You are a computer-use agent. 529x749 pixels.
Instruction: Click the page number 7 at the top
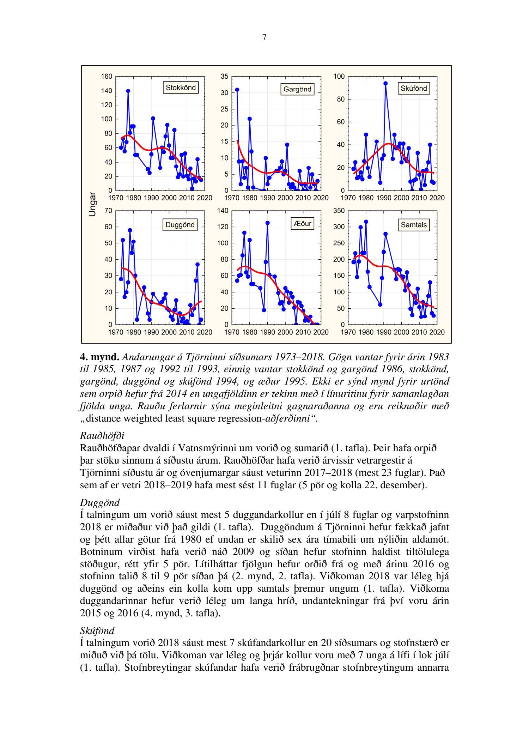[x=264, y=37]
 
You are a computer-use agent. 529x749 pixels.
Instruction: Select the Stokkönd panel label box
[x=181, y=88]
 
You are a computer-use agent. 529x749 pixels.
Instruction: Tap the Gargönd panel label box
[x=297, y=89]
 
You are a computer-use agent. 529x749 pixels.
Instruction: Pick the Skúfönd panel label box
[x=414, y=89]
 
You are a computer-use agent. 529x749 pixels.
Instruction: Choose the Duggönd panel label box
[x=180, y=225]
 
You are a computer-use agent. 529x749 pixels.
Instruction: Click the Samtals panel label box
[x=414, y=225]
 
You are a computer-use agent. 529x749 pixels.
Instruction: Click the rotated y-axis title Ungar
[x=92, y=204]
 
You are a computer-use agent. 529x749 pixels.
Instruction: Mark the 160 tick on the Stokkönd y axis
[x=107, y=77]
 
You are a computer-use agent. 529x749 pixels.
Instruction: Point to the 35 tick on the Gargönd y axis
[x=225, y=77]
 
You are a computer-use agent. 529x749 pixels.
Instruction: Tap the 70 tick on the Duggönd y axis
[x=108, y=211]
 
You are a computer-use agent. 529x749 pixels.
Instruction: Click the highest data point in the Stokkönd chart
[x=128, y=91]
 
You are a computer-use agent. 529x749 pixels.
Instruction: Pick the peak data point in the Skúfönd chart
[x=385, y=84]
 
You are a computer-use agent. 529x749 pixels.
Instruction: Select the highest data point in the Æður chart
[x=267, y=223]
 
